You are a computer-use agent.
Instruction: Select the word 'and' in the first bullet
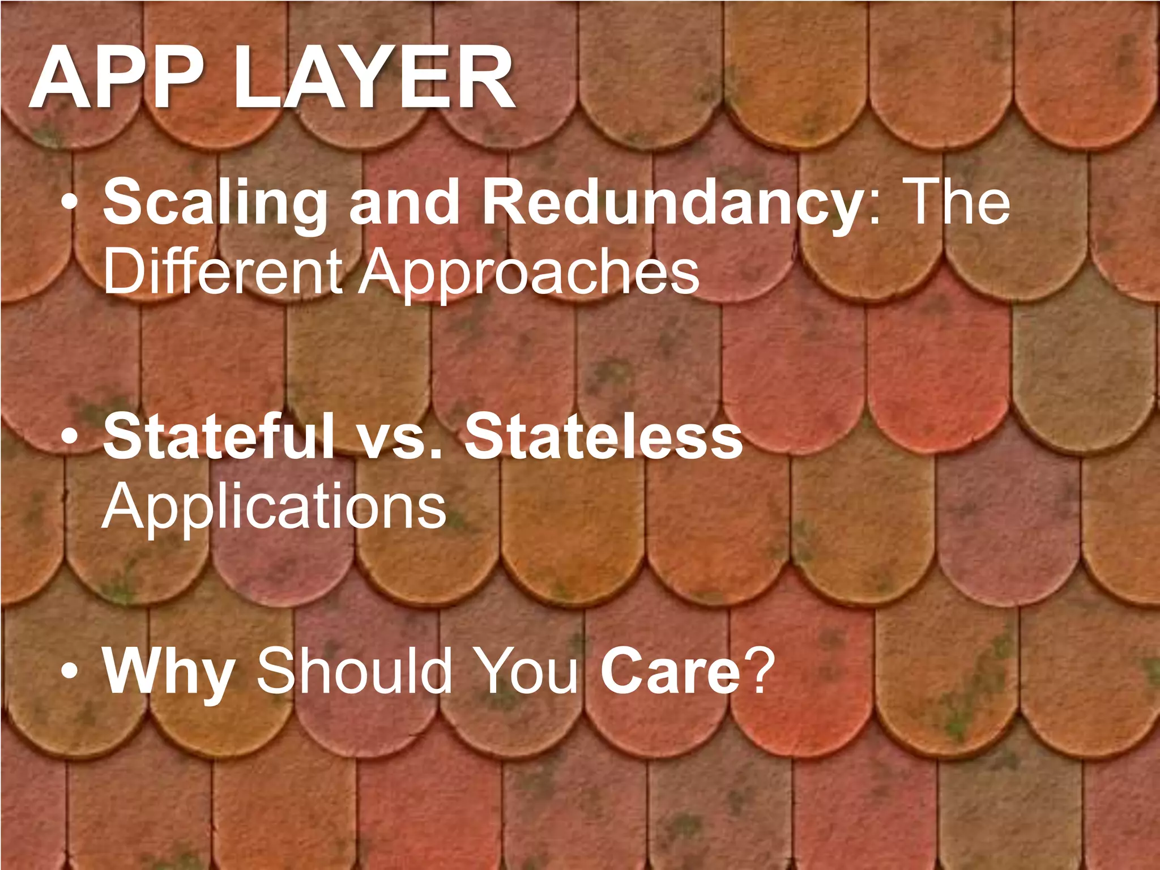pyautogui.click(x=404, y=201)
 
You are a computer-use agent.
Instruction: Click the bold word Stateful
pyautogui.click(x=219, y=436)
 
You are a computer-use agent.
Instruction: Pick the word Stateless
pyautogui.click(x=603, y=436)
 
